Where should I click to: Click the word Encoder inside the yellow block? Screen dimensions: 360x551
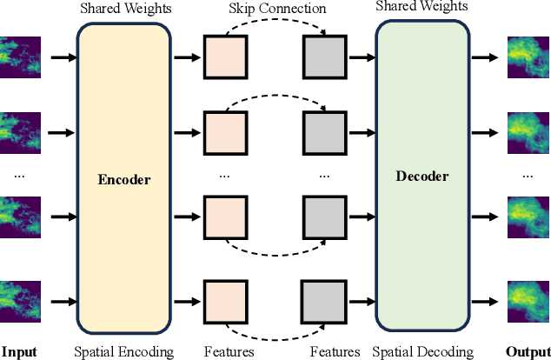pos(124,180)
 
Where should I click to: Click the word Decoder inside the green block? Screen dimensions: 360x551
pos(422,176)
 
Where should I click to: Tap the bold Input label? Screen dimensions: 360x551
pos(19,351)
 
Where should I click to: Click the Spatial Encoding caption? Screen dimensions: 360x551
pos(124,351)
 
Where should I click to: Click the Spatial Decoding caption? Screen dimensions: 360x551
pos(422,351)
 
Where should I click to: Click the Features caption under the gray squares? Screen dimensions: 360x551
pos(335,351)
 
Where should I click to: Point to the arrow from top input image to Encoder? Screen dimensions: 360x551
pos(63,57)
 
